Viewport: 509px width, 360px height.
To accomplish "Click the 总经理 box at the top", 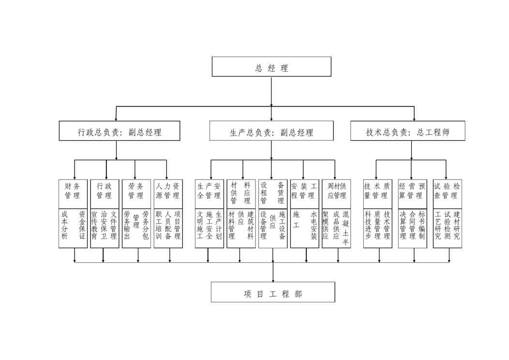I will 271,67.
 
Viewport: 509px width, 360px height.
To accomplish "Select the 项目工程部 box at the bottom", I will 273,292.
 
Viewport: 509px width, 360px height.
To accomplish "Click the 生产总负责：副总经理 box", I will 271,131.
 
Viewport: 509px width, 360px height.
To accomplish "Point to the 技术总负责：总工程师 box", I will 408,131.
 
